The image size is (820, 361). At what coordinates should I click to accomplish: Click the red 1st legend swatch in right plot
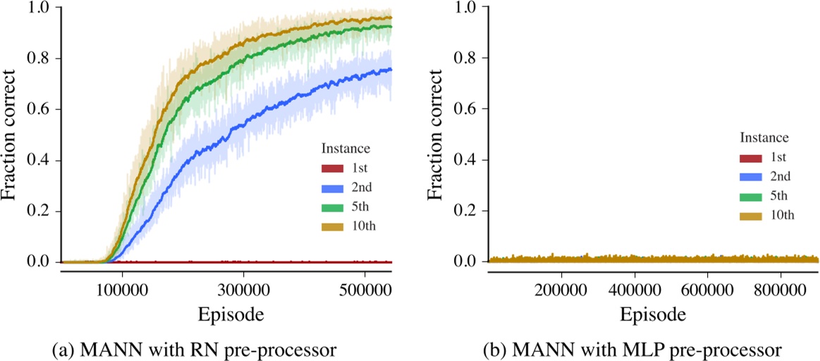pos(754,158)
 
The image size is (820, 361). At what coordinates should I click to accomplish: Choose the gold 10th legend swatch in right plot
pos(754,215)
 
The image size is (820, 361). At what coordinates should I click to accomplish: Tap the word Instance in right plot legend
pos(764,137)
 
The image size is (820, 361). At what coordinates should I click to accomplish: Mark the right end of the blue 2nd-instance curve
pos(391,70)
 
